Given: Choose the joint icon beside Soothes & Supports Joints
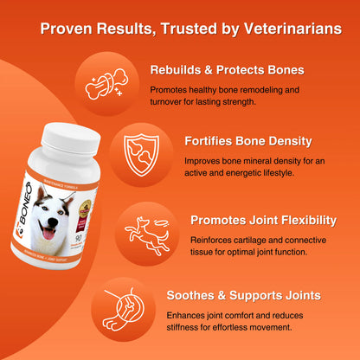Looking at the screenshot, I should tap(127, 304).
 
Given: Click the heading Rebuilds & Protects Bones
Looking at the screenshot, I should tap(226, 70).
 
